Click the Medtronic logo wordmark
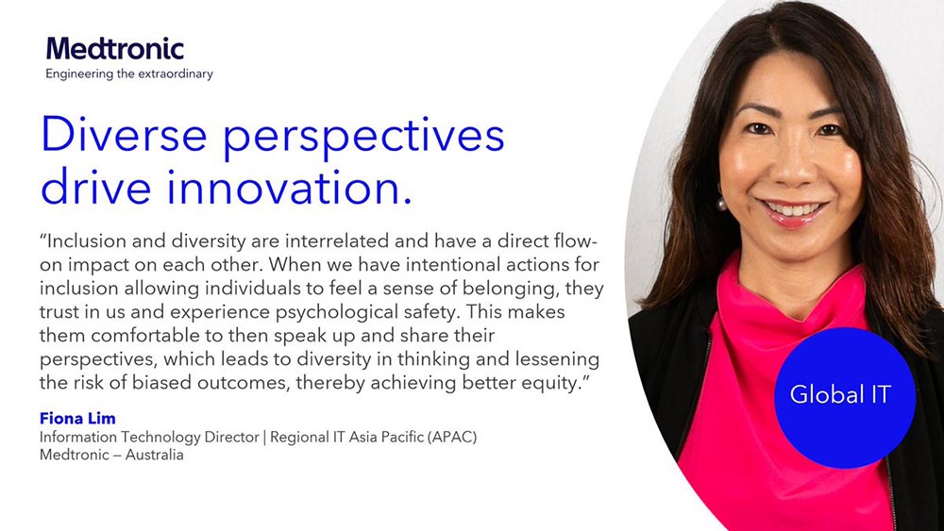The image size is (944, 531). (x=114, y=48)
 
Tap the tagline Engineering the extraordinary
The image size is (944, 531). (x=129, y=74)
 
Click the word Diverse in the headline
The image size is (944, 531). (x=128, y=137)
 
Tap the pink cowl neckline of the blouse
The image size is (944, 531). (x=784, y=283)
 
